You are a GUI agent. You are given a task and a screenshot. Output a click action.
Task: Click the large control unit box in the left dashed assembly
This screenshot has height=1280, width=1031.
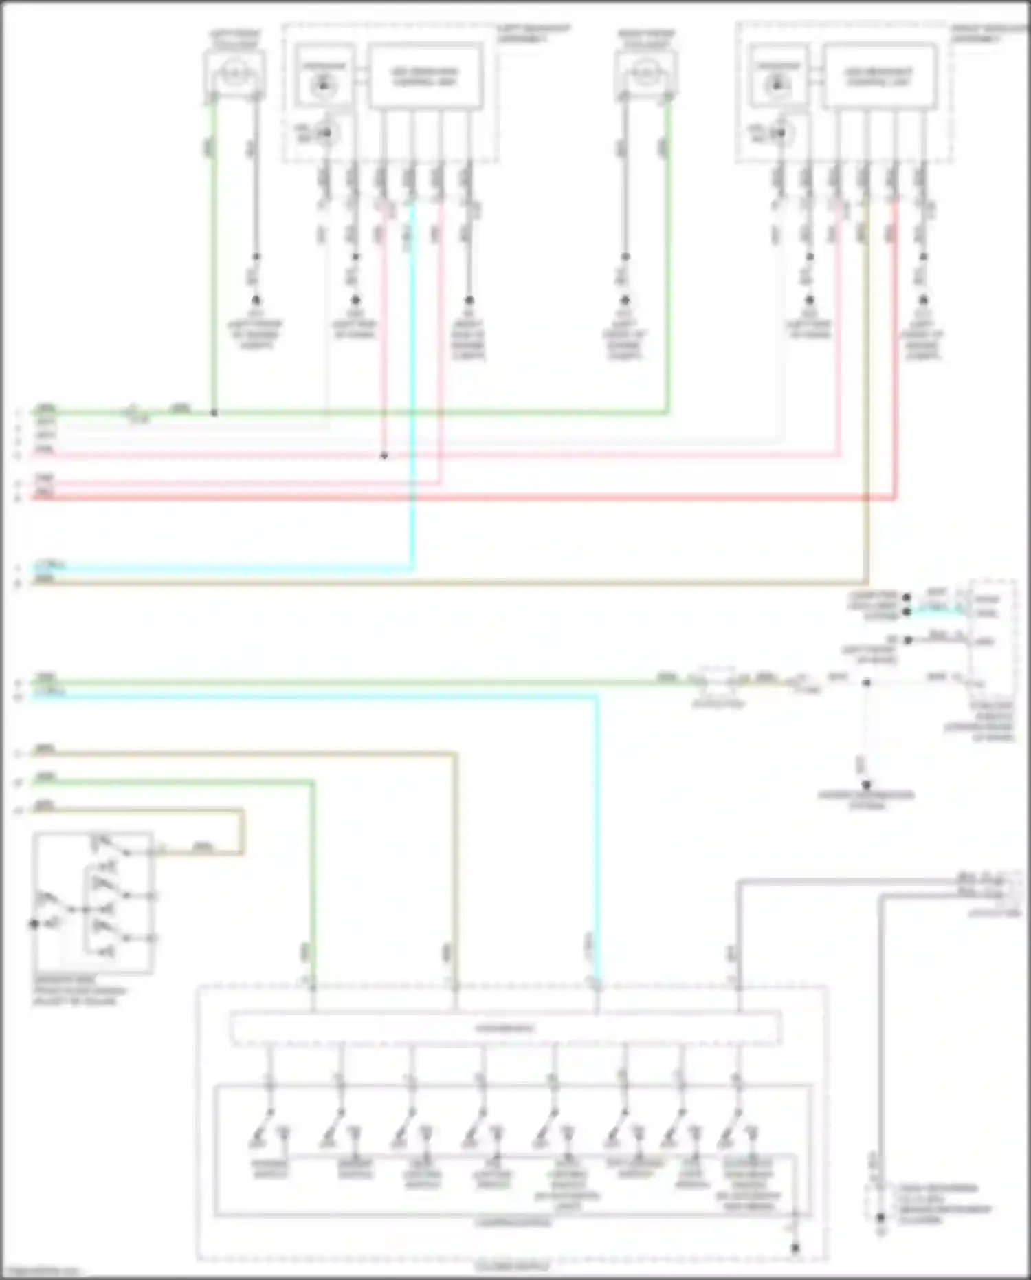coord(425,76)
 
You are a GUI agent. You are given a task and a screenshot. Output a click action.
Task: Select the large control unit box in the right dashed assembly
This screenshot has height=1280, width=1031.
coord(879,76)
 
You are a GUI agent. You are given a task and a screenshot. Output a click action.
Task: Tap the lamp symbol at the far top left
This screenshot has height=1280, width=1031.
coord(234,72)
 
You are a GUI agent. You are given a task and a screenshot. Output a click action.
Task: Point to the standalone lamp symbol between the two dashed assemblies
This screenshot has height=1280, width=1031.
coord(645,72)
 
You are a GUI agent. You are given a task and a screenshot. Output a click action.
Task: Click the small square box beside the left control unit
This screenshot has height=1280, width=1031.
coord(324,76)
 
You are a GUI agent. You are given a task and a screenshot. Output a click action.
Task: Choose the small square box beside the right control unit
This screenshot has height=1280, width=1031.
coord(778,76)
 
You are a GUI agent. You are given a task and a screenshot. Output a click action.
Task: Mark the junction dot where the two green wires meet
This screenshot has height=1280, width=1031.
coord(214,413)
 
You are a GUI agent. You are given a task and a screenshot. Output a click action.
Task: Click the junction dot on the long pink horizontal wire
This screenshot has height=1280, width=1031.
coord(384,455)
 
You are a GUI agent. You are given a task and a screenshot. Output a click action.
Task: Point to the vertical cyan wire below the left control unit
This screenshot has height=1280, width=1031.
coord(413,385)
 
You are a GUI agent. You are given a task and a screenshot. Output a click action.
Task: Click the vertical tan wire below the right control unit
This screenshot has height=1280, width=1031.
coord(865,385)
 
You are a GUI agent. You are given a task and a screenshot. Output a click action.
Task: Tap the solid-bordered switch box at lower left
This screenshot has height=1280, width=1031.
coord(93,902)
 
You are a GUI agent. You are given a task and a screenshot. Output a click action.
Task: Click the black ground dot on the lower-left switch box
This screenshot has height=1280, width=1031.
coord(34,923)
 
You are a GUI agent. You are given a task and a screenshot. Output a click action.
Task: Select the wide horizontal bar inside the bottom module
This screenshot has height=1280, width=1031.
coord(505,1028)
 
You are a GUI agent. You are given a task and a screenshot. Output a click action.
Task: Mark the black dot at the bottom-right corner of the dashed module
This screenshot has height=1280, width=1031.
coord(795,1248)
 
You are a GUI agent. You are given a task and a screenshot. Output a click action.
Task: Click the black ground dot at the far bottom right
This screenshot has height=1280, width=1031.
coord(880,1218)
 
